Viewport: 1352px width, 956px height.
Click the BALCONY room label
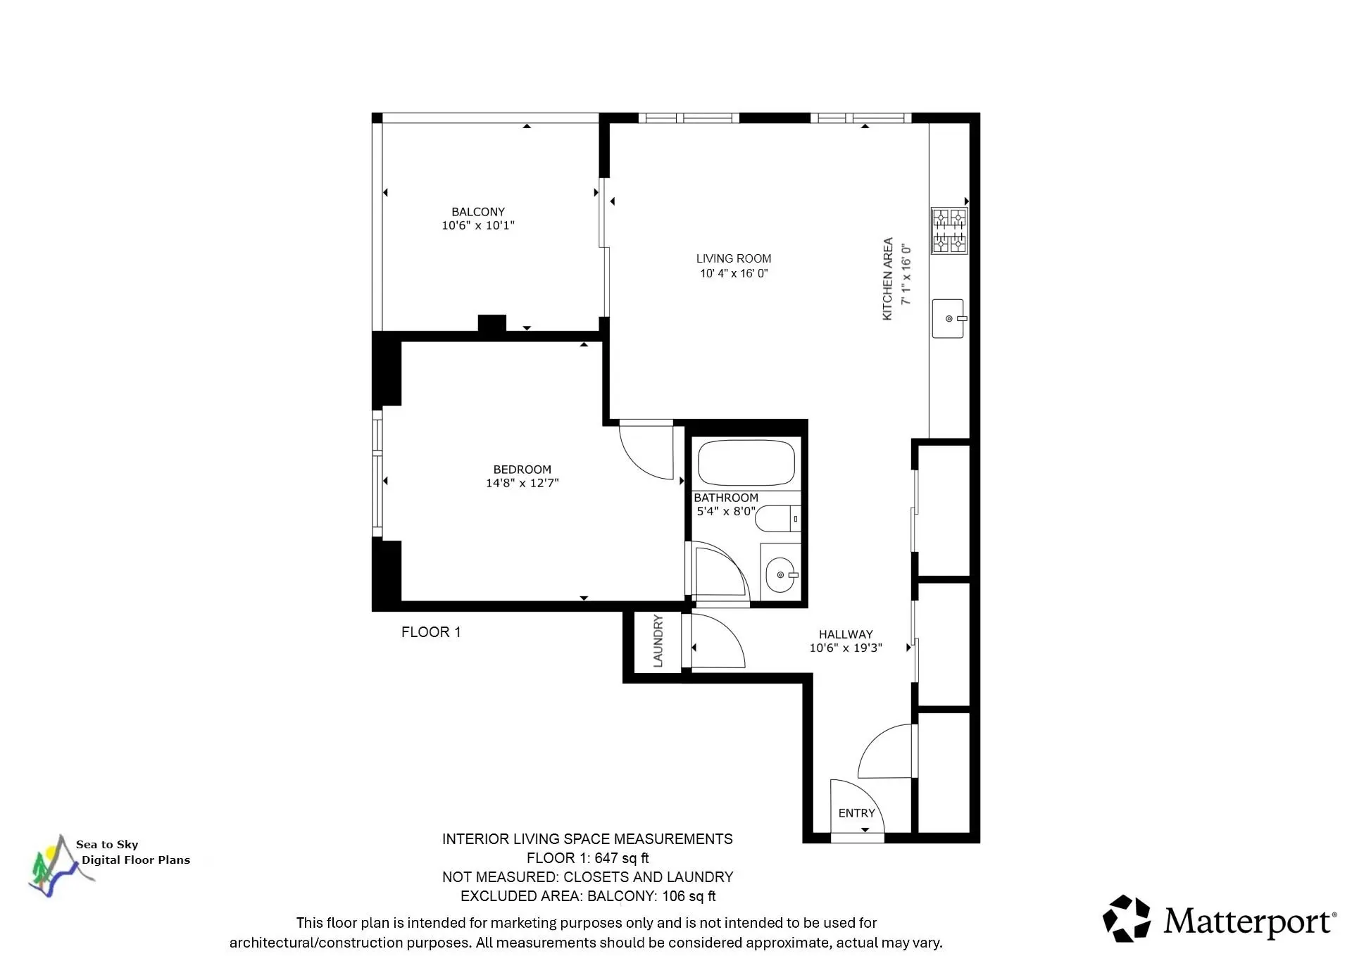coord(478,212)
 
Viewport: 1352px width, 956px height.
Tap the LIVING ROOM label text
coord(734,258)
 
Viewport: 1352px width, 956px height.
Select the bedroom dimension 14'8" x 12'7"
coord(522,483)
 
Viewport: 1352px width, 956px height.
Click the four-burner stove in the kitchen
coord(949,230)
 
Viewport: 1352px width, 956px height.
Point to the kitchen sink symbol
coord(948,318)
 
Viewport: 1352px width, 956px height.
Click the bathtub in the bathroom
coord(746,463)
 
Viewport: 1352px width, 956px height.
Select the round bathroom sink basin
coord(780,575)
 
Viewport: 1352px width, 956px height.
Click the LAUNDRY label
coord(658,641)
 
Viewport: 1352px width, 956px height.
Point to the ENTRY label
coord(856,813)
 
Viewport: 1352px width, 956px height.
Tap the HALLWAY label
coord(845,634)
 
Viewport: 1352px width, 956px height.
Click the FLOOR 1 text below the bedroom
coord(431,632)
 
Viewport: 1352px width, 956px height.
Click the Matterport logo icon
coord(1126,918)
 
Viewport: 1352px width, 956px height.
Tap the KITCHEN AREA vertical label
coord(887,279)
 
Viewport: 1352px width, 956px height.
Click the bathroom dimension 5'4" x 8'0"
coord(726,511)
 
